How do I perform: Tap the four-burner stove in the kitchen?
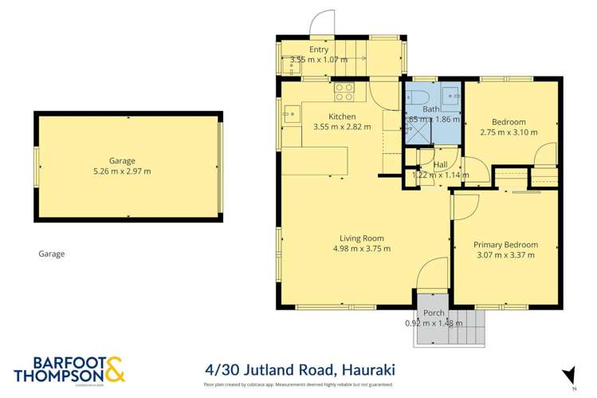(344, 92)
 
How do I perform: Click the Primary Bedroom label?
(505, 245)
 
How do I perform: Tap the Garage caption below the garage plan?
(52, 254)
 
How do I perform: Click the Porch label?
(434, 313)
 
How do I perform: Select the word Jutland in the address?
(262, 371)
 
